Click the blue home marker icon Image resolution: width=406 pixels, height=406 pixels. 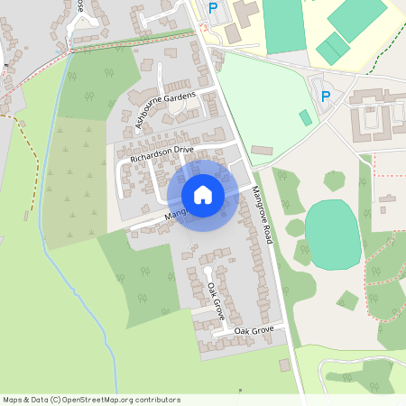203,194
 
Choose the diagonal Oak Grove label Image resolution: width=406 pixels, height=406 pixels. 216,301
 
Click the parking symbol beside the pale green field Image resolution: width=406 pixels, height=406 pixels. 326,95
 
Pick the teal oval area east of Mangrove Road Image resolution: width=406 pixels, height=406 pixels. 332,234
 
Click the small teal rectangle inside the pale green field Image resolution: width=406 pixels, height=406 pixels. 305,117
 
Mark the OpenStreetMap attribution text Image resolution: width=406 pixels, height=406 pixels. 92,399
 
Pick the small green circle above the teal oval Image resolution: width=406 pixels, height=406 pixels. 335,180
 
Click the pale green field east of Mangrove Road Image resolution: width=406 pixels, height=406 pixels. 271,99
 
